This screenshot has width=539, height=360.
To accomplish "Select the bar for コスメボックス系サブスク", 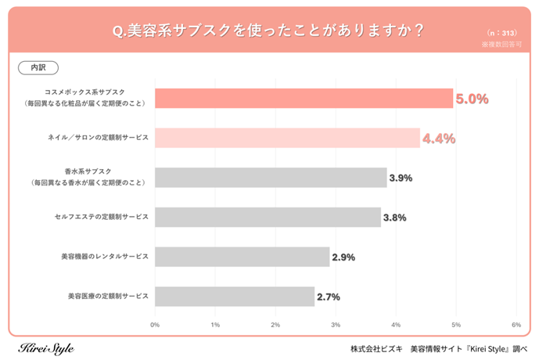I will tap(304, 98).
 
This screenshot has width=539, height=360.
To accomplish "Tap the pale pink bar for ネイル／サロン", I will tap(287, 138).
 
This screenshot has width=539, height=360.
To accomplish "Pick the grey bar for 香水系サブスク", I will tap(271, 178).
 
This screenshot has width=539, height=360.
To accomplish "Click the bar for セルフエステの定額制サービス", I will tap(268, 218).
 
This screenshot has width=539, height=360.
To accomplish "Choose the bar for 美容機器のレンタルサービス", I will tap(242, 257).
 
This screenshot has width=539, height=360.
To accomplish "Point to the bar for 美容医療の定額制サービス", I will tap(235, 297).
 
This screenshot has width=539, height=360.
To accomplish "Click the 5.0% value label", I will tap(473, 99).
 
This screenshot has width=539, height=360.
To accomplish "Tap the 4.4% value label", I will tap(439, 139).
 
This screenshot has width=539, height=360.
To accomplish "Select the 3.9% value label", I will tap(401, 178).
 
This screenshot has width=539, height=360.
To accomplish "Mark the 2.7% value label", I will tap(329, 297).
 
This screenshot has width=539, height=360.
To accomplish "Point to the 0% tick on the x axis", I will tap(155, 324).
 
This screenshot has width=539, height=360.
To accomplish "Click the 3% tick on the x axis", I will tap(336, 324).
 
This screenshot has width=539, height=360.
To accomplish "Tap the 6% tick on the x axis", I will tap(516, 324).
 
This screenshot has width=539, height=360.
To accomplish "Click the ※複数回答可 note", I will tap(501, 45).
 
